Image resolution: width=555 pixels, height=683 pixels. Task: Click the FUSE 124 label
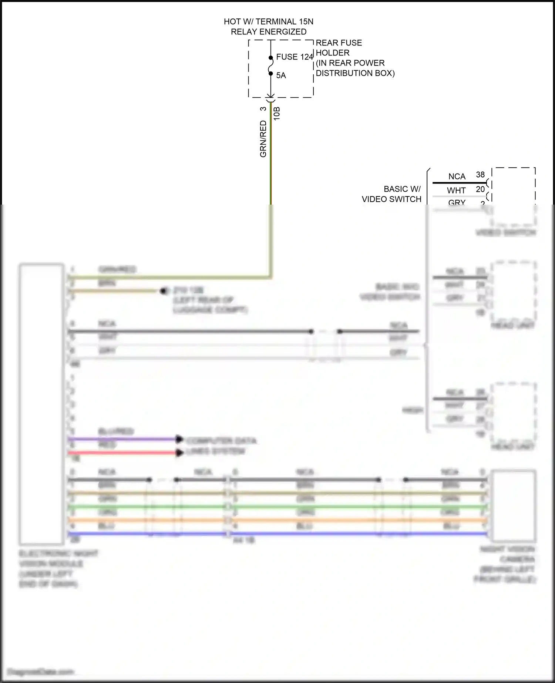tap(295, 57)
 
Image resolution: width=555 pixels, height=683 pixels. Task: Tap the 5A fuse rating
tap(281, 75)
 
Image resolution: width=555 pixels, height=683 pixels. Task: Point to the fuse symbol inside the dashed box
tap(271, 65)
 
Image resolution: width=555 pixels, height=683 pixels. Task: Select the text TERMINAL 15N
tap(284, 22)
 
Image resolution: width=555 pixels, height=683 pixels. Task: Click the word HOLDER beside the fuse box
tap(332, 53)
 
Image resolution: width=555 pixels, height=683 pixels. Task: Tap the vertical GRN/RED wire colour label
tap(263, 139)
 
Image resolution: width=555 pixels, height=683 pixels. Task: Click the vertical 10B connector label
tap(277, 114)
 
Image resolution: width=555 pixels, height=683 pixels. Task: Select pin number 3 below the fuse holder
tap(263, 109)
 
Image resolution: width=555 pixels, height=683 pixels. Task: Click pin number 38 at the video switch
tap(480, 175)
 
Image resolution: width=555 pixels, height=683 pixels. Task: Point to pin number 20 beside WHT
tap(480, 189)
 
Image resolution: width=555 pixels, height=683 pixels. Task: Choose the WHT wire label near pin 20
tap(456, 191)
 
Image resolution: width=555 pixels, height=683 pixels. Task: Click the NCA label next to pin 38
tap(457, 176)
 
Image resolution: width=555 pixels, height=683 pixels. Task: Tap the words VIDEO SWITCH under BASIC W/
tap(391, 199)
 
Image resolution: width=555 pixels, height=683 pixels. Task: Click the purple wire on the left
tap(122, 440)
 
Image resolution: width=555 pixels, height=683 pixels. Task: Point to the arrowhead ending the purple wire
tap(179, 440)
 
